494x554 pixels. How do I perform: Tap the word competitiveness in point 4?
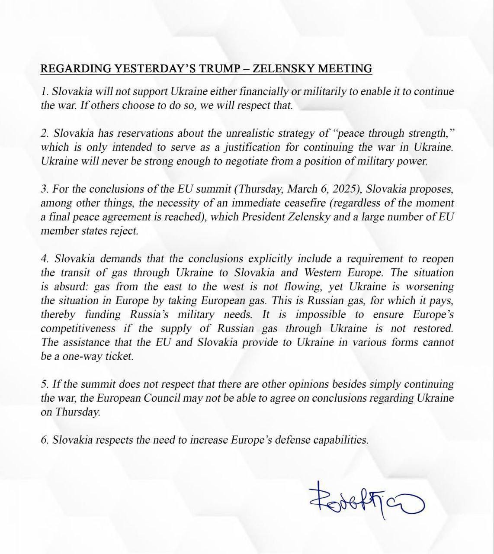point(78,328)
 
